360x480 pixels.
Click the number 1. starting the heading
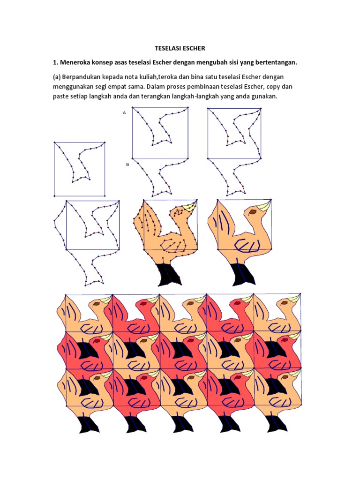tap(54, 62)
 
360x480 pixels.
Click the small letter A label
tap(124, 112)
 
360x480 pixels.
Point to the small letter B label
tap(127, 165)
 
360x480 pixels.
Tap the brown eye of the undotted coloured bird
tap(253, 212)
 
